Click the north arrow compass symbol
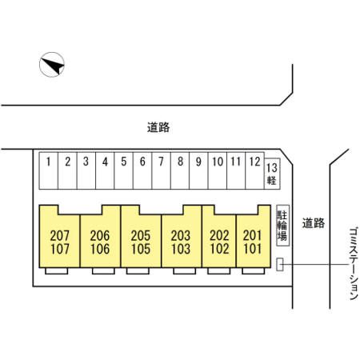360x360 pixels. click(52, 65)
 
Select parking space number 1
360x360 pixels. click(49, 170)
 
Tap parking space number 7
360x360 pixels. click(161, 170)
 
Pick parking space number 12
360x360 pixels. click(254, 170)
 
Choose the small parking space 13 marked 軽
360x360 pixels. click(272, 174)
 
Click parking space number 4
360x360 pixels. click(105, 170)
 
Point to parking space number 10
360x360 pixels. click(218, 170)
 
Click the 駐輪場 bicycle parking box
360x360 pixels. click(282, 226)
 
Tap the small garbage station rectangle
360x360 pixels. click(280, 265)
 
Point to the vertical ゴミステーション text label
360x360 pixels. click(354, 263)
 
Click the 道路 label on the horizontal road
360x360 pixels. click(158, 127)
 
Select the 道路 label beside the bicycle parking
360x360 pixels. click(314, 223)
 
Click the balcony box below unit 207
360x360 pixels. click(56, 271)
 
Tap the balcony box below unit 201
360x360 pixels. click(254, 271)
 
